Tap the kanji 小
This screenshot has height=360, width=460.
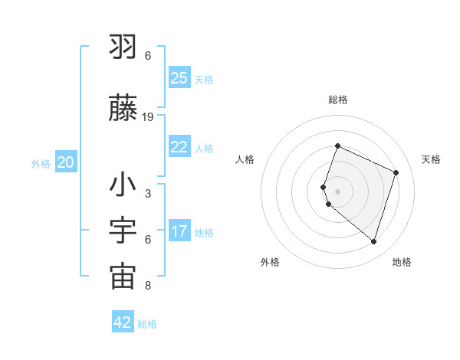point(123,186)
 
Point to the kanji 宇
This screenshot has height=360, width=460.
point(123,231)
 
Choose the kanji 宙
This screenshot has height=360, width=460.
point(123,277)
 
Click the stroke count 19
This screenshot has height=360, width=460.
point(148,116)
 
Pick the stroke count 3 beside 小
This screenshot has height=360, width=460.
point(148,193)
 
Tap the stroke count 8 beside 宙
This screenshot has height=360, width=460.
point(148,286)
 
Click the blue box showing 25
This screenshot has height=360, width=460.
point(179,78)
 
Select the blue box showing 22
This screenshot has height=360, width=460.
point(179,147)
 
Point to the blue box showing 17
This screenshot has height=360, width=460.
point(179,231)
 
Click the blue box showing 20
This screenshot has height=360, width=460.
point(65,162)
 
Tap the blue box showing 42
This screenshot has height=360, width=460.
point(122,322)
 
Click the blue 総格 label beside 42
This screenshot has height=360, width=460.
point(147,324)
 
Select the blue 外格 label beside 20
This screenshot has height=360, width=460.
point(41,163)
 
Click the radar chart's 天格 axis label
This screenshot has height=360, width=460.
point(431,159)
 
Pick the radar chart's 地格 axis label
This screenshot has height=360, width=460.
point(402,262)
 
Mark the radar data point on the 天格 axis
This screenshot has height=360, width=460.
point(396,172)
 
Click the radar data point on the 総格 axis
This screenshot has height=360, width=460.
point(337,146)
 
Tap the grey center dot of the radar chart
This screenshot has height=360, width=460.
point(337,191)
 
